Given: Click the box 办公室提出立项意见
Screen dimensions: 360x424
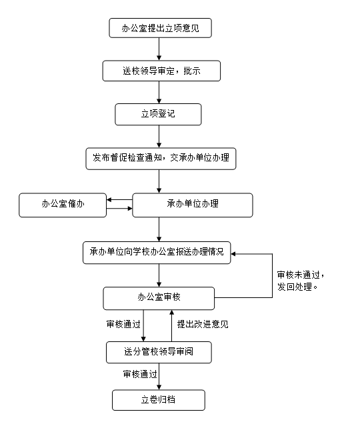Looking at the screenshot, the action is click(x=160, y=28).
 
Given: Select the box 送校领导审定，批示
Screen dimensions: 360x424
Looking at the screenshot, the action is click(x=161, y=71).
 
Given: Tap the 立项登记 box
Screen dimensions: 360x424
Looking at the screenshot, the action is click(x=158, y=114).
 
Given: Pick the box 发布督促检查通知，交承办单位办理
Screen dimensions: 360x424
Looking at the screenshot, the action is click(x=161, y=159).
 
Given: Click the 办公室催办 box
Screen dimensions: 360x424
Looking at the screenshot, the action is click(x=63, y=205).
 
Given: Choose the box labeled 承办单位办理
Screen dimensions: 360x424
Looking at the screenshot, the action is click(x=193, y=205).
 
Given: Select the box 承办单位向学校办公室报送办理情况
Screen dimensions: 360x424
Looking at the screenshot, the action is click(x=157, y=253).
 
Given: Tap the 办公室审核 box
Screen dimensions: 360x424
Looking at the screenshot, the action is click(x=159, y=298).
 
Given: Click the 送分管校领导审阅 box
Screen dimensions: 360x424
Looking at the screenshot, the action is click(x=159, y=353).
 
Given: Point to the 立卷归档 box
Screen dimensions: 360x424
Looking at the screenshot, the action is click(x=159, y=400).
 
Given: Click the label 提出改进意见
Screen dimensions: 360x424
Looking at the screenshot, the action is click(x=203, y=324).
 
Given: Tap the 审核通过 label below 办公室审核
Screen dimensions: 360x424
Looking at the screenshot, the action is click(x=123, y=324).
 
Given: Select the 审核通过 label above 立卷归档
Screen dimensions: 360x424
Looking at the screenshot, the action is click(x=140, y=374).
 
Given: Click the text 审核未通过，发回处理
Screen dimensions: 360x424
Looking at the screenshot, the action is click(x=301, y=281).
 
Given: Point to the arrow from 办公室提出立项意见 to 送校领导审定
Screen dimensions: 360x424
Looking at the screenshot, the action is click(x=159, y=49).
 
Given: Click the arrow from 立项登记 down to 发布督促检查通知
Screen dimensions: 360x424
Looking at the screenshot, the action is click(x=159, y=136).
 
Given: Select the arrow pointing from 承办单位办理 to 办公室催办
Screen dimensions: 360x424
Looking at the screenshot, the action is click(x=119, y=200).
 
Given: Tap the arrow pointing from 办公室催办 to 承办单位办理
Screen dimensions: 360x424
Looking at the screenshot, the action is click(x=119, y=209).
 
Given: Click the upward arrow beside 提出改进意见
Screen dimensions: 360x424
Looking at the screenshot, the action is click(x=171, y=325).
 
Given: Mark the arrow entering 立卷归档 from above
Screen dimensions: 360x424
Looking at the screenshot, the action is click(x=159, y=377).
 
